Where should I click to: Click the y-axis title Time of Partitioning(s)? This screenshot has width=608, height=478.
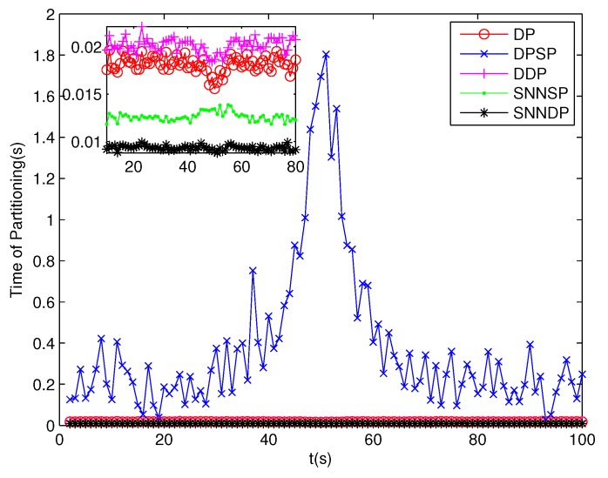tap(17, 220)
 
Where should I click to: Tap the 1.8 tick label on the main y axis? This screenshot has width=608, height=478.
tap(38, 56)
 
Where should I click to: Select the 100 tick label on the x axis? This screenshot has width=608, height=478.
tap(584, 441)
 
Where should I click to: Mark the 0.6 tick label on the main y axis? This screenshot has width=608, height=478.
tap(38, 302)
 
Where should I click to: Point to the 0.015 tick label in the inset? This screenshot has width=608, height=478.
tap(84, 94)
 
